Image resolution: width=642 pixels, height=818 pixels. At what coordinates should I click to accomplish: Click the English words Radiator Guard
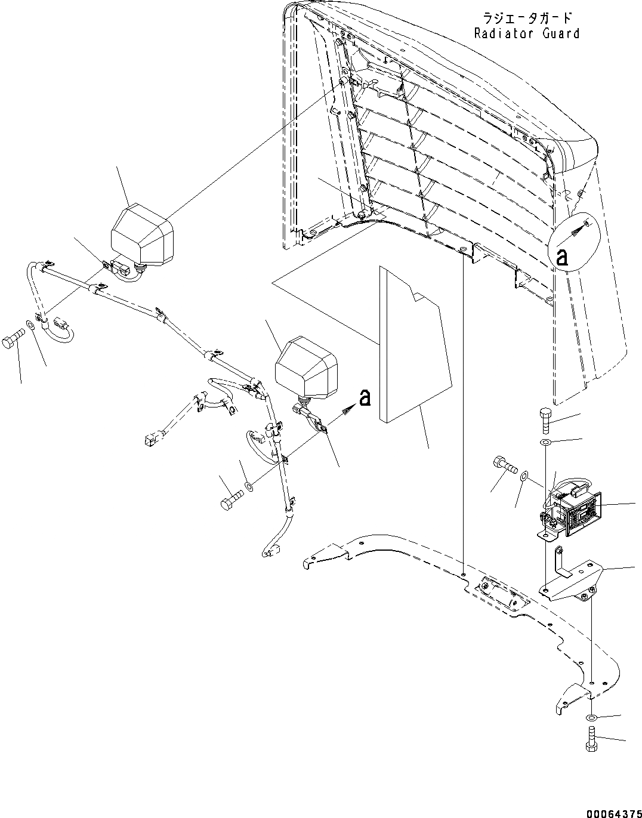(x=526, y=34)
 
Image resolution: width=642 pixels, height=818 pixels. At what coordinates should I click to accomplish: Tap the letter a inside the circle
(x=561, y=257)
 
